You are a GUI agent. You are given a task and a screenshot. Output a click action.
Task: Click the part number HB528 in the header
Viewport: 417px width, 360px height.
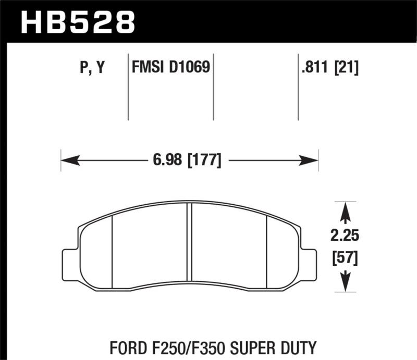pos(77,22)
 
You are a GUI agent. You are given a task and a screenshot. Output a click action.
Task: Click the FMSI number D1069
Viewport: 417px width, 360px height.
pos(190,67)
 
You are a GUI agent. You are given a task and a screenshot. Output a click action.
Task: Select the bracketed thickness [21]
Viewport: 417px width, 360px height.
pos(346,68)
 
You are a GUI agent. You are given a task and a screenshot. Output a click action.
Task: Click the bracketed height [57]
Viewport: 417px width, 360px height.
pos(344,257)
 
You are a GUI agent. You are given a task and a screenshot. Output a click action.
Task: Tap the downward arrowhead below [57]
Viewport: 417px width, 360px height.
pos(344,284)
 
